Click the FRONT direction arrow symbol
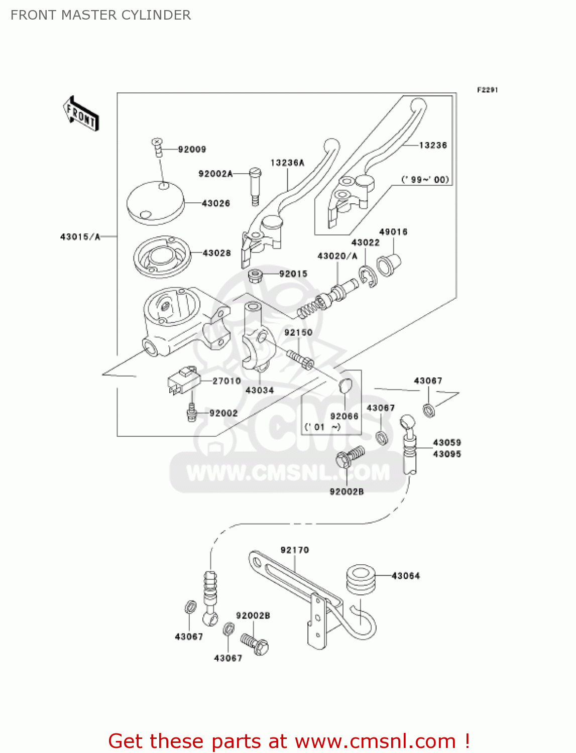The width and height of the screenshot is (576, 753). pyautogui.click(x=81, y=114)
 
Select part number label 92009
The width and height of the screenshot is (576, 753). pyautogui.click(x=192, y=149)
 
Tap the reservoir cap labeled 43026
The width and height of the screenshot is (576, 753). pyautogui.click(x=155, y=201)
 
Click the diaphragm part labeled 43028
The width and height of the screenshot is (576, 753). pyautogui.click(x=162, y=257)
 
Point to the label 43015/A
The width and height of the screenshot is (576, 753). pyautogui.click(x=80, y=236)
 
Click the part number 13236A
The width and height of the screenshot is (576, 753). pyautogui.click(x=287, y=163)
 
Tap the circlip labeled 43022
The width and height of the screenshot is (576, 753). pyautogui.click(x=368, y=276)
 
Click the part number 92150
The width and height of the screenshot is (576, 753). pyautogui.click(x=298, y=332)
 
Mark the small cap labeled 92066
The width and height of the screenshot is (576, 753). pyautogui.click(x=345, y=386)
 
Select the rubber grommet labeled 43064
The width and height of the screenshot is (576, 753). pyautogui.click(x=360, y=580)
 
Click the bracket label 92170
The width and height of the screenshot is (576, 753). pyautogui.click(x=295, y=550)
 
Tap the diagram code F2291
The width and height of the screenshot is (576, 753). pyautogui.click(x=487, y=90)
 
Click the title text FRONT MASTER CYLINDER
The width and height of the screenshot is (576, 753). pyautogui.click(x=100, y=15)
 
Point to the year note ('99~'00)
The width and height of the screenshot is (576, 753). pyautogui.click(x=425, y=180)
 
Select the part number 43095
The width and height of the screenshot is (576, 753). pyautogui.click(x=447, y=454)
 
